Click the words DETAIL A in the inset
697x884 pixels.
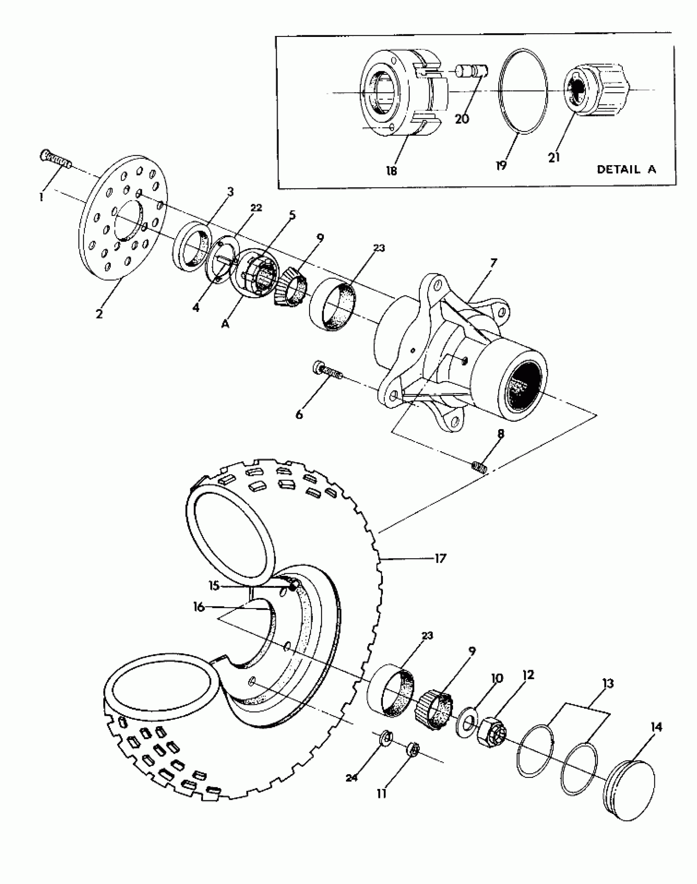pos(626,169)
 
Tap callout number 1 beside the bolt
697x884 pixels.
pos(41,197)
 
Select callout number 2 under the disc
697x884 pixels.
pos(99,314)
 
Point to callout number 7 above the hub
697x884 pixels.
pos(493,263)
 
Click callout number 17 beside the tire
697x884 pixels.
pos(440,558)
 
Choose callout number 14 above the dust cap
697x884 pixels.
pos(656,727)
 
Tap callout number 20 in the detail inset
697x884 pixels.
pos(462,119)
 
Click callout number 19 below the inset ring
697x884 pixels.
pos(501,165)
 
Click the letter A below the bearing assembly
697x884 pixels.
pos(225,324)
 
